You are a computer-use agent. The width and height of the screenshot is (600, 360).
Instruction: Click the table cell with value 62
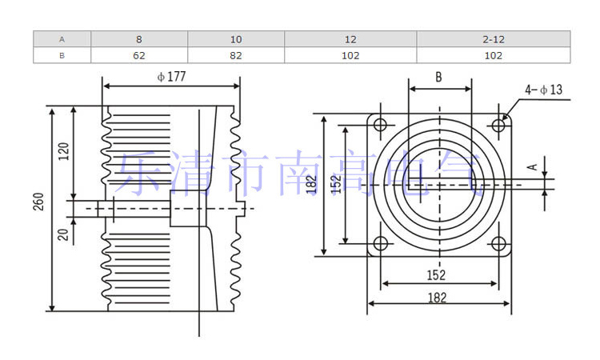coord(139,55)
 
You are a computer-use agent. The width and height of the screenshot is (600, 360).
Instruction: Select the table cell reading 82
coord(236,55)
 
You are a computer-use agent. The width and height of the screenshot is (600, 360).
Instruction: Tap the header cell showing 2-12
coord(494,39)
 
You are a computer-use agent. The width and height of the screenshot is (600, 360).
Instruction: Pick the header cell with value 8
coord(139,39)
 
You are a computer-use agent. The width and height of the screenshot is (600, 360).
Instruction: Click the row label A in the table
coord(62,39)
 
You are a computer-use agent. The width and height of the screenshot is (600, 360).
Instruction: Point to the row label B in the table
coord(62,55)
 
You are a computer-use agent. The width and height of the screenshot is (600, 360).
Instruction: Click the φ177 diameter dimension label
coord(171,77)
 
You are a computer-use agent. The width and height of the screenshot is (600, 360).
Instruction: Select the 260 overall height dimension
coord(38,202)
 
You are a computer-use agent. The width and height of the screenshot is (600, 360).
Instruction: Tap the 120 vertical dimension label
coord(64,151)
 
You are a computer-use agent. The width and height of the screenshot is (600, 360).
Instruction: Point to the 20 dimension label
coord(63,234)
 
